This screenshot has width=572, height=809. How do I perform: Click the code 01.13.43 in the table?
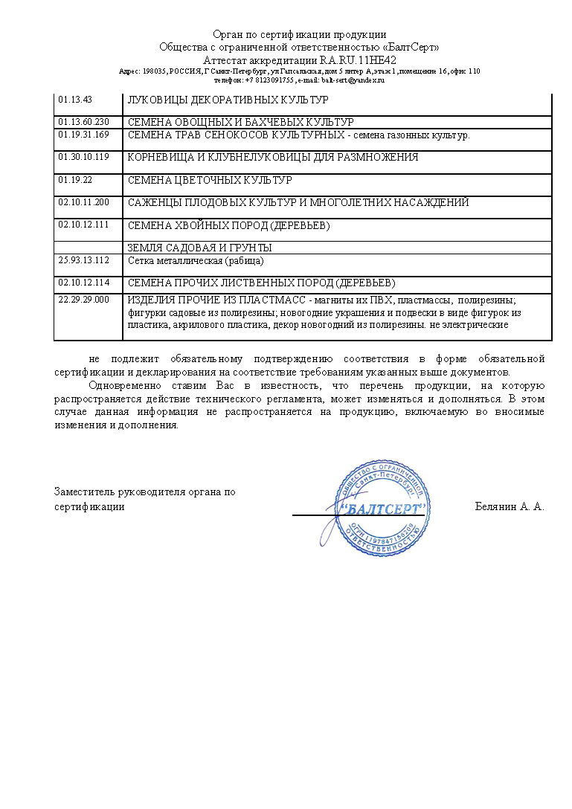pos(75,99)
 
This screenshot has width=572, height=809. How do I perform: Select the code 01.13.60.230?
pos(83,122)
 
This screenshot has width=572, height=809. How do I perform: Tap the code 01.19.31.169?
pos(83,135)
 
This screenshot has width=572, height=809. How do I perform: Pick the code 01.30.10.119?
pos(83,157)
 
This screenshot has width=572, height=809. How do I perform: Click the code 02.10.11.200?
pos(83,202)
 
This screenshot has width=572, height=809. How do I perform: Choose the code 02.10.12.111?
pos(83,225)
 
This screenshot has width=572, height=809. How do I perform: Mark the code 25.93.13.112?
pos(83,260)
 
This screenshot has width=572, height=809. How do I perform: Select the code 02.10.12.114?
pos(83,283)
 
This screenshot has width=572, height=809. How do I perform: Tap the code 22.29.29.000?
pos(83,300)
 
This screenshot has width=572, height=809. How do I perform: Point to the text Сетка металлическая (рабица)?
pos(196,261)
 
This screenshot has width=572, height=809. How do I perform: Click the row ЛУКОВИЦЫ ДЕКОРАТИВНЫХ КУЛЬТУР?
pos(228,100)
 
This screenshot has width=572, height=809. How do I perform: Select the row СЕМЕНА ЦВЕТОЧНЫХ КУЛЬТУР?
pos(210,181)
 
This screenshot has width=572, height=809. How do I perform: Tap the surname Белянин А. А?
pos(510,506)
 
